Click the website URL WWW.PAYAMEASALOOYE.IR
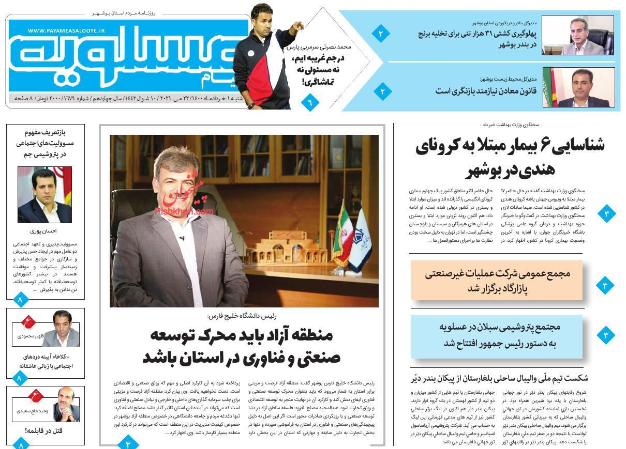tap(66, 31)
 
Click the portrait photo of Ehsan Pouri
tap(44, 195)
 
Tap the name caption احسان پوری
tap(44, 231)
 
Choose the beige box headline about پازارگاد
tap(497, 281)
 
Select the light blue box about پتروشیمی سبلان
tap(497, 335)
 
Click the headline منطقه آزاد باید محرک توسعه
tap(242, 346)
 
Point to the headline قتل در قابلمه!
tap(43, 430)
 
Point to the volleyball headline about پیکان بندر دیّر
tap(499, 378)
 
